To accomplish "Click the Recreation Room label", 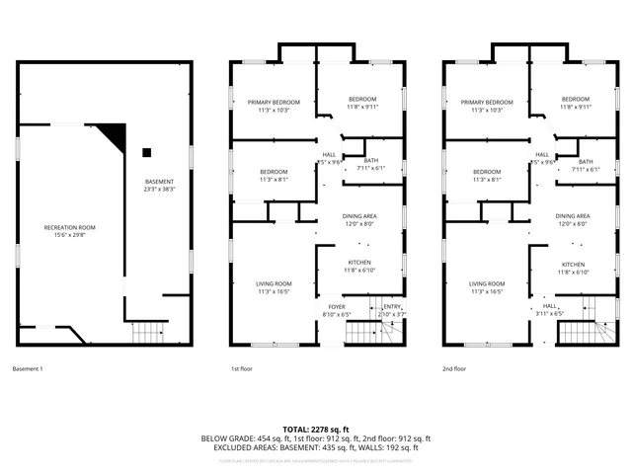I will [x=65, y=231].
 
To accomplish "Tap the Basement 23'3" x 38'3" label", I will [x=159, y=185].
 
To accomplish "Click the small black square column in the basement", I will [x=146, y=151].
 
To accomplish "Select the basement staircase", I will [x=151, y=332].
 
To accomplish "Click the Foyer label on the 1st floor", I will [x=338, y=310].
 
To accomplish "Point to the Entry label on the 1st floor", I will [x=393, y=310].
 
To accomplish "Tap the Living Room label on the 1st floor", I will [x=275, y=287].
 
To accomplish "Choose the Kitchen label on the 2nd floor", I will [x=575, y=268].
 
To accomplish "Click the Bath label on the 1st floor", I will [x=371, y=165].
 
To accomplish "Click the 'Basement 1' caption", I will [x=28, y=369].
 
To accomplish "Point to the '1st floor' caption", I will [x=243, y=369].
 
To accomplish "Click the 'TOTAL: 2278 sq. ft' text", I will [x=315, y=429].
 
